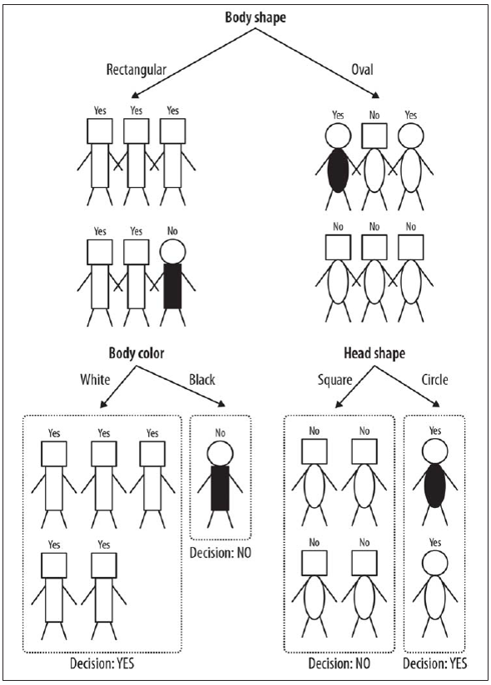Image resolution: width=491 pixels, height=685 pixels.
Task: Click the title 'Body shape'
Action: (255, 18)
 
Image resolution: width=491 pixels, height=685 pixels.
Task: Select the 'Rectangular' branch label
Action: (136, 70)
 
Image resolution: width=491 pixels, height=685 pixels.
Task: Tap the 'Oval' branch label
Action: (362, 70)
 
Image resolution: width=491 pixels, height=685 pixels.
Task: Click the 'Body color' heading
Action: (136, 353)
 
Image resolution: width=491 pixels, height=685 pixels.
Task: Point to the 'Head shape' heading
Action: (374, 353)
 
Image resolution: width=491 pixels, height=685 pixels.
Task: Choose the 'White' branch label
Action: (95, 379)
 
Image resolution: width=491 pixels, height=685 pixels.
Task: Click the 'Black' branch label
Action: (202, 379)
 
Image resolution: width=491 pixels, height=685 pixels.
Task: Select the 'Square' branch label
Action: (335, 380)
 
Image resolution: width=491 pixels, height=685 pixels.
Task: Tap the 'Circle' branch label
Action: (435, 379)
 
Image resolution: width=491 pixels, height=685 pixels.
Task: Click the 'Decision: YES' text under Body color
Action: (102, 663)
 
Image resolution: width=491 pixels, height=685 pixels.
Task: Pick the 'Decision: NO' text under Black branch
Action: (221, 553)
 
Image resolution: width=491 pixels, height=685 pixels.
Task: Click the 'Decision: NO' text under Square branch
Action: (339, 663)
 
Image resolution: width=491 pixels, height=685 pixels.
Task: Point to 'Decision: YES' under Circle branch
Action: (434, 663)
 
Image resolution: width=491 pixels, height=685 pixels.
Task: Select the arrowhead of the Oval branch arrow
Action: (375, 96)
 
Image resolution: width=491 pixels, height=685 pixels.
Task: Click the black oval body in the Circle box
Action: (434, 485)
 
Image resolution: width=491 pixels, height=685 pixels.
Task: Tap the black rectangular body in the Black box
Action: (221, 488)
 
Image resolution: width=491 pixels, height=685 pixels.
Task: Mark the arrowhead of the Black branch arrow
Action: (221, 404)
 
